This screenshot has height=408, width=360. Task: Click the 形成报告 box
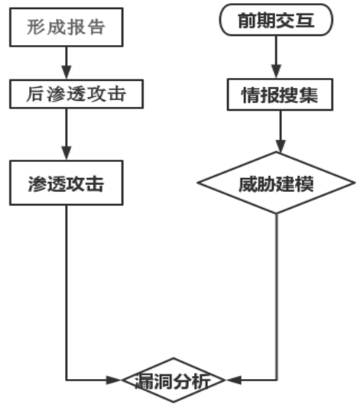[x=66, y=28]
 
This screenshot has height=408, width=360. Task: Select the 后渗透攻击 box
[x=66, y=95]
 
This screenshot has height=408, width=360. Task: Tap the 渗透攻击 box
[x=66, y=184]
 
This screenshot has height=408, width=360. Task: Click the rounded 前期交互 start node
[x=277, y=21]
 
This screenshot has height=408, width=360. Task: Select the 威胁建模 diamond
[x=276, y=184]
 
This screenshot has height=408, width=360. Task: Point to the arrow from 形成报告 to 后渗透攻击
[x=66, y=61]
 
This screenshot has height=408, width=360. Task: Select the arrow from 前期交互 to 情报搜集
[x=276, y=57]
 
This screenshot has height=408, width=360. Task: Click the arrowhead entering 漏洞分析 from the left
[x=128, y=379]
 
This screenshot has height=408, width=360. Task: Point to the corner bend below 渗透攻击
[x=66, y=379]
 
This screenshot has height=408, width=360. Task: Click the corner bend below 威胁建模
[x=276, y=379]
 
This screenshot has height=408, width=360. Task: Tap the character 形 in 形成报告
[x=34, y=28]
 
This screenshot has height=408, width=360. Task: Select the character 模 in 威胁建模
[x=312, y=184]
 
